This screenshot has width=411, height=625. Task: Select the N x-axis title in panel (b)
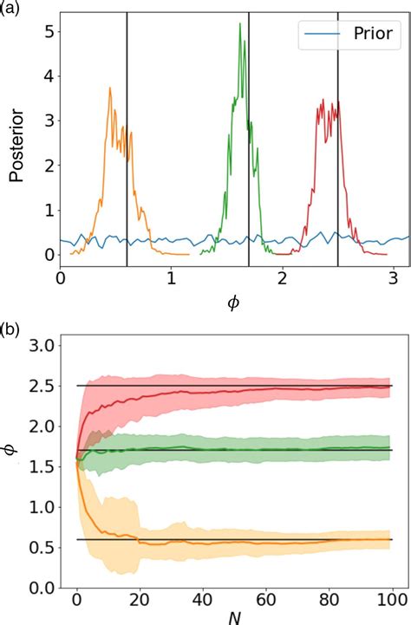click(x=234, y=617)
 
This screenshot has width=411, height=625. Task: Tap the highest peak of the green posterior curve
click(x=239, y=24)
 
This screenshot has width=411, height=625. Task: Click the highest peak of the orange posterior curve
click(x=110, y=88)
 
